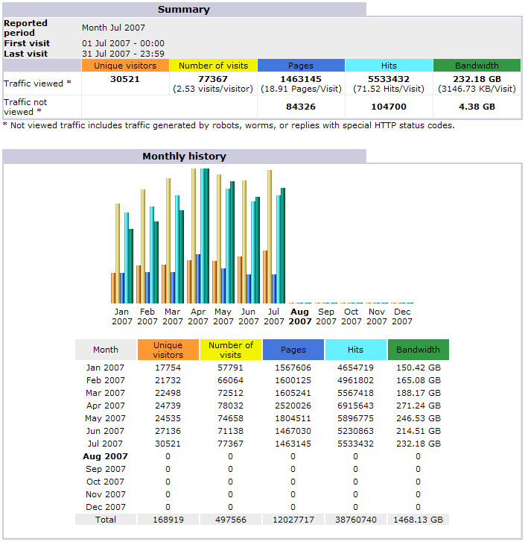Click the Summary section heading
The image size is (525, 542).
(x=184, y=10)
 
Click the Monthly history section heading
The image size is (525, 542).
(x=184, y=157)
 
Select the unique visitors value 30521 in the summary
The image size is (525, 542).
(x=124, y=79)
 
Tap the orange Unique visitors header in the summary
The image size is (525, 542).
(x=124, y=66)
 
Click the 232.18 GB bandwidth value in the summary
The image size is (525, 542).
(x=477, y=79)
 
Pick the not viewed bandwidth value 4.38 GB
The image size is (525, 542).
(x=477, y=107)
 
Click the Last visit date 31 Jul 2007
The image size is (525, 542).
(x=123, y=54)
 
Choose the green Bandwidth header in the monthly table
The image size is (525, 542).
(x=418, y=350)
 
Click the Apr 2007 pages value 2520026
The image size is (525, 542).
(x=293, y=406)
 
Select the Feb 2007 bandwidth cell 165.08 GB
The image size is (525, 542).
(x=418, y=380)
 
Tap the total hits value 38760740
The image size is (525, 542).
(x=355, y=520)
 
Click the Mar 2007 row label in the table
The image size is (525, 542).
(x=106, y=393)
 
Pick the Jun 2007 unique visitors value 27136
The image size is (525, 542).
(x=168, y=431)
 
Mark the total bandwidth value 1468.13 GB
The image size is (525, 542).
(x=418, y=520)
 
